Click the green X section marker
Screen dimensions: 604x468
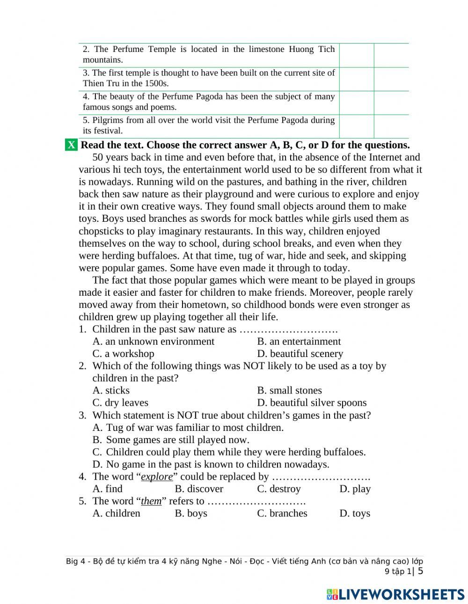tap(71, 145)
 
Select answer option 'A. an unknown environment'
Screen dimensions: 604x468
tap(153, 342)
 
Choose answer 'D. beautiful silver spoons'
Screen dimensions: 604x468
tap(312, 403)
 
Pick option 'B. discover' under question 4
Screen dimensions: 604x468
tap(199, 489)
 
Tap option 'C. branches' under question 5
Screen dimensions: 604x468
tap(282, 513)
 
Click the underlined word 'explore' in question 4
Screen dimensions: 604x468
tap(157, 477)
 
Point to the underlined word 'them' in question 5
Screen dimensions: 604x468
tap(151, 501)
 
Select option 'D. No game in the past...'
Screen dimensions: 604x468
tap(211, 464)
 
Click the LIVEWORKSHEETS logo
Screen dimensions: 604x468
tap(395, 594)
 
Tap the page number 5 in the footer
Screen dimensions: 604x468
tap(420, 571)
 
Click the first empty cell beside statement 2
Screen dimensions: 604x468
tap(356, 55)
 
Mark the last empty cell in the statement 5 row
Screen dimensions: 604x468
tap(391, 126)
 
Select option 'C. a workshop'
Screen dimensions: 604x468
tap(123, 354)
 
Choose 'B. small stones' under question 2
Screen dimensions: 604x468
tap(289, 391)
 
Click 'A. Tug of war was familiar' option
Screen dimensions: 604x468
tap(188, 428)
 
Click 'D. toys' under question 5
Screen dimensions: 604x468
tap(355, 513)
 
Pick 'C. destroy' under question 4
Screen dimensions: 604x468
tap(279, 489)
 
